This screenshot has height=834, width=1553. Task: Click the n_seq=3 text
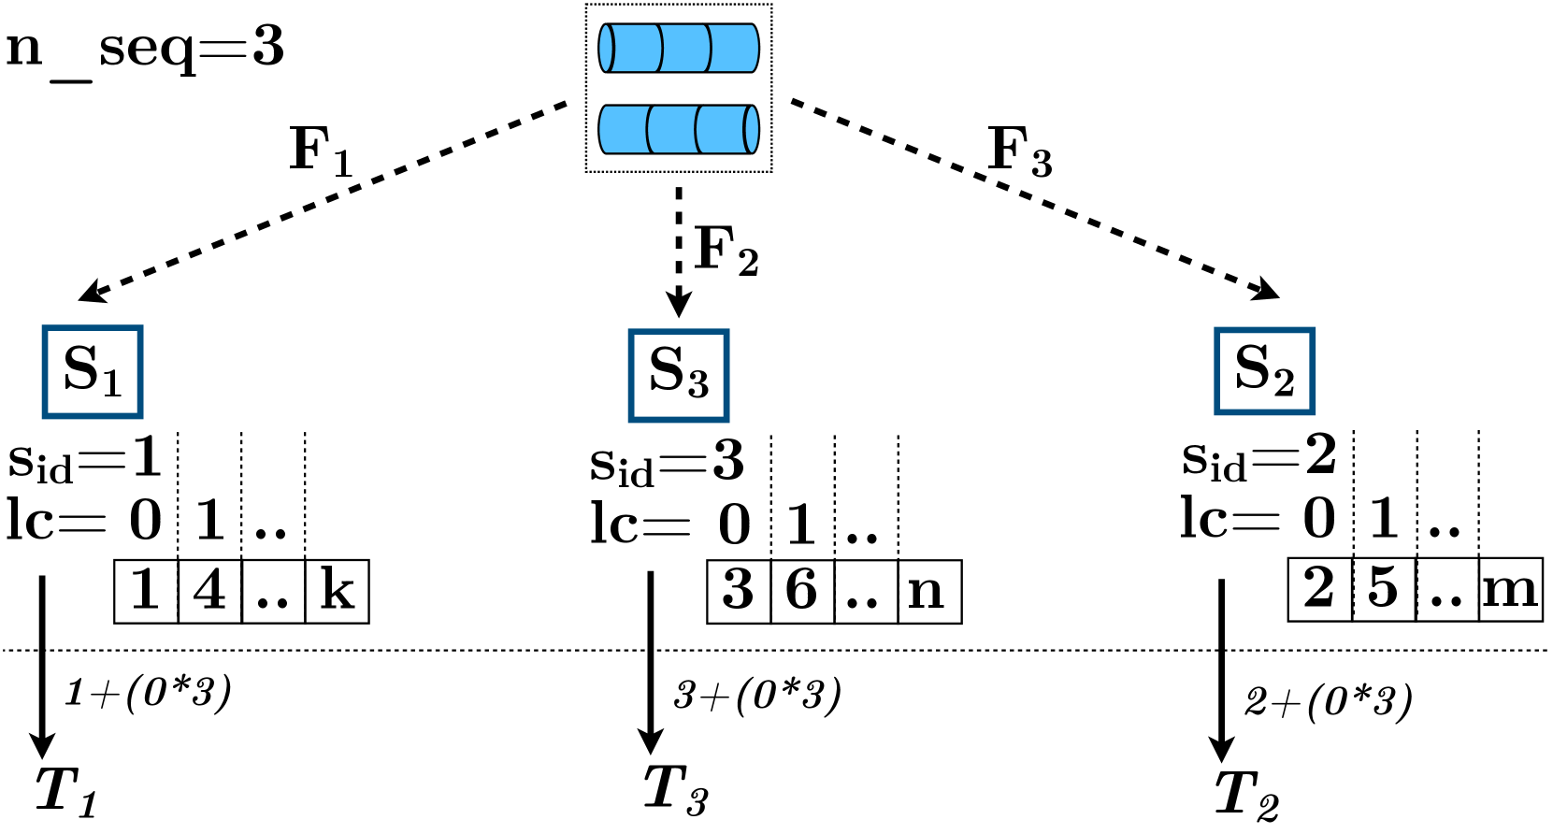[145, 49]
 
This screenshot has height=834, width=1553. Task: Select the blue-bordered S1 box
[92, 371]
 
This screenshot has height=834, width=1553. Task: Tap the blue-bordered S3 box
[678, 375]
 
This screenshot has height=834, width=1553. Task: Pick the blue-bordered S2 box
[1264, 371]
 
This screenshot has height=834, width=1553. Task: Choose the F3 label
[1020, 151]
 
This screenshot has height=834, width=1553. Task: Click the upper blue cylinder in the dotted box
[679, 49]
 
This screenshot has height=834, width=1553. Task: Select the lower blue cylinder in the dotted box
[679, 129]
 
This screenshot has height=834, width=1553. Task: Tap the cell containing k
[337, 591]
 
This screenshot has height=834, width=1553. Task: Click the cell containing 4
[209, 591]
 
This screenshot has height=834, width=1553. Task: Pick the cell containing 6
[802, 591]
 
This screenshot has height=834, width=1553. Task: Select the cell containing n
[928, 591]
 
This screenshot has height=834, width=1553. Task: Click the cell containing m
[1510, 589]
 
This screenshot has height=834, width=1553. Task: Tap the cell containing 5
[1384, 589]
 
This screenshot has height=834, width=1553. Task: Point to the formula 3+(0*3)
[757, 695]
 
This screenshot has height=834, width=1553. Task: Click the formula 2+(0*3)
[1328, 701]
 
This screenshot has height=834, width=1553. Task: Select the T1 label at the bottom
[65, 791]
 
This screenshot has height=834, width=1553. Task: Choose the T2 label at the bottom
[1246, 796]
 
